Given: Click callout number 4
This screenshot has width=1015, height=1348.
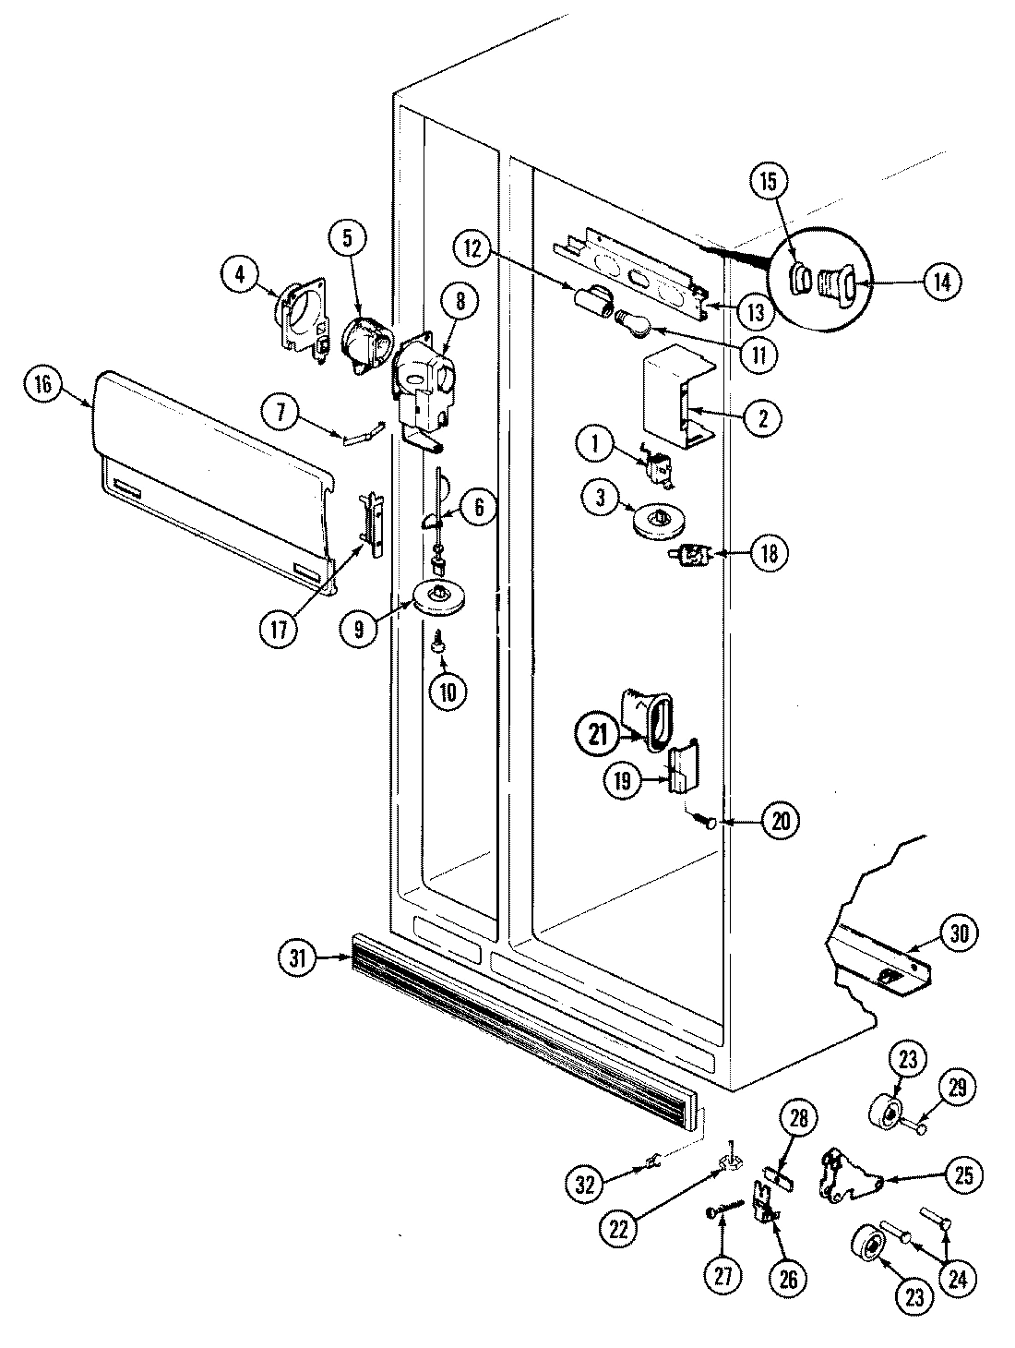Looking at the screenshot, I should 241,273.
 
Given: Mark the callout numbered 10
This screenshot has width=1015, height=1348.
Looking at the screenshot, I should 448,691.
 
